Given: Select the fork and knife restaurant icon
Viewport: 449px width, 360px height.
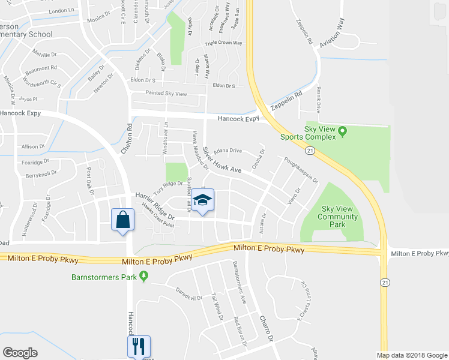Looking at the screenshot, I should pyautogui.click(x=137, y=346).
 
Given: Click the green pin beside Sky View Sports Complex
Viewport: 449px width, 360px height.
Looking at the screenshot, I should pyautogui.click(x=343, y=130).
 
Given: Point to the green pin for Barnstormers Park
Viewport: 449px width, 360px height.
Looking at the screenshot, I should pyautogui.click(x=143, y=276).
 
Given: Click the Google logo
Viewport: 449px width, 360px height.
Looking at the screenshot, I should pyautogui.click(x=20, y=353).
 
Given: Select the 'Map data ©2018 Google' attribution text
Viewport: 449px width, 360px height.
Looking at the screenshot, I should pyautogui.click(x=411, y=355).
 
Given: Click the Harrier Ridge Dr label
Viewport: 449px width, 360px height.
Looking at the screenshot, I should pyautogui.click(x=154, y=206).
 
